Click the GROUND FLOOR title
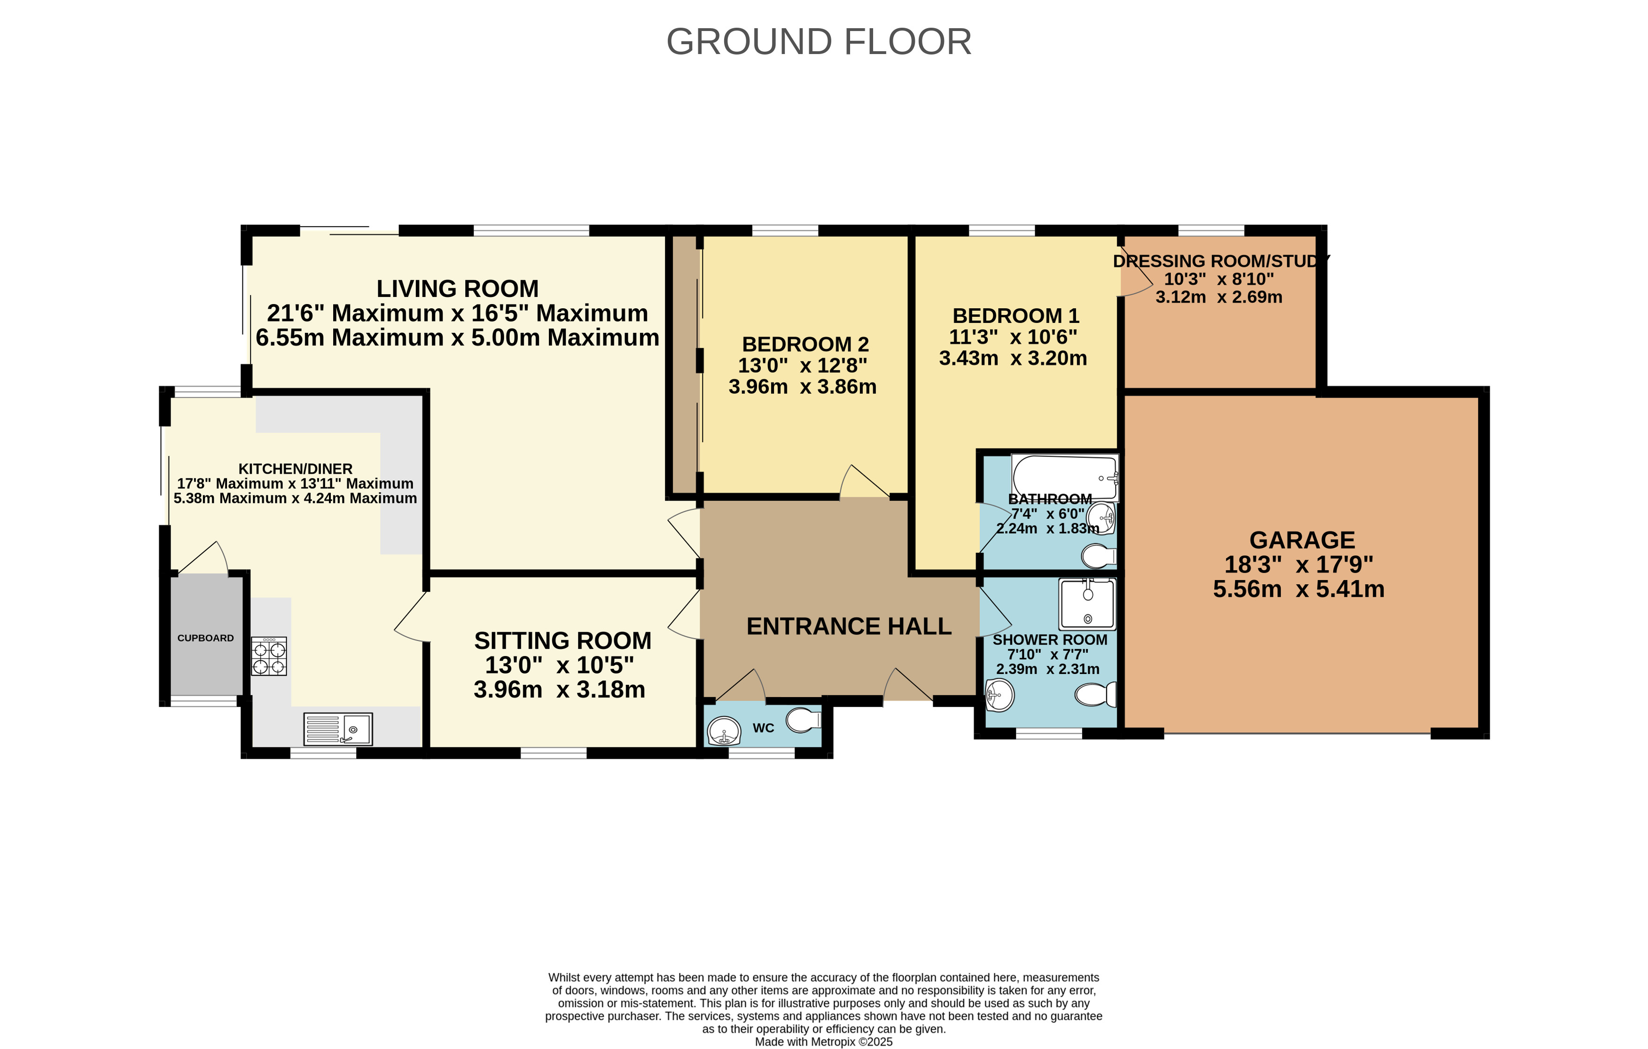(x=819, y=42)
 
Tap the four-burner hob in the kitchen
(x=269, y=656)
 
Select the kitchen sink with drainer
(x=338, y=729)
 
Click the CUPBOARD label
(x=205, y=638)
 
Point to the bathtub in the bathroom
(x=1066, y=477)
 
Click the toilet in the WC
(x=804, y=720)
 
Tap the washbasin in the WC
(x=723, y=731)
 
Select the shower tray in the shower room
(x=1087, y=603)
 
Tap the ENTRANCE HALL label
(x=849, y=626)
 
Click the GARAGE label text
(x=1302, y=540)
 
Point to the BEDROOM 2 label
(x=805, y=344)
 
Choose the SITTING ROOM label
(x=562, y=641)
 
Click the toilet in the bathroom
(x=1099, y=556)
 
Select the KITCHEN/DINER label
(x=295, y=469)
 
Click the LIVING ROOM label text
(x=457, y=288)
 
